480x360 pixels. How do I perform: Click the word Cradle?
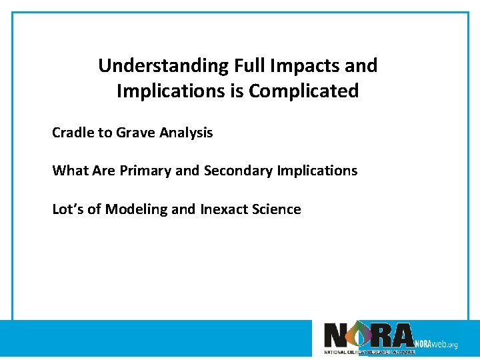pos(73,133)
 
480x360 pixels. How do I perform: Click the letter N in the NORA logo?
pos(335,335)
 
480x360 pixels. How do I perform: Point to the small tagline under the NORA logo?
pos(369,351)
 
